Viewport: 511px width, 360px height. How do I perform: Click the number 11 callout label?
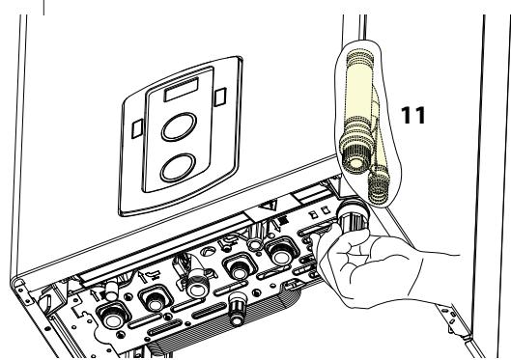point(413,114)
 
